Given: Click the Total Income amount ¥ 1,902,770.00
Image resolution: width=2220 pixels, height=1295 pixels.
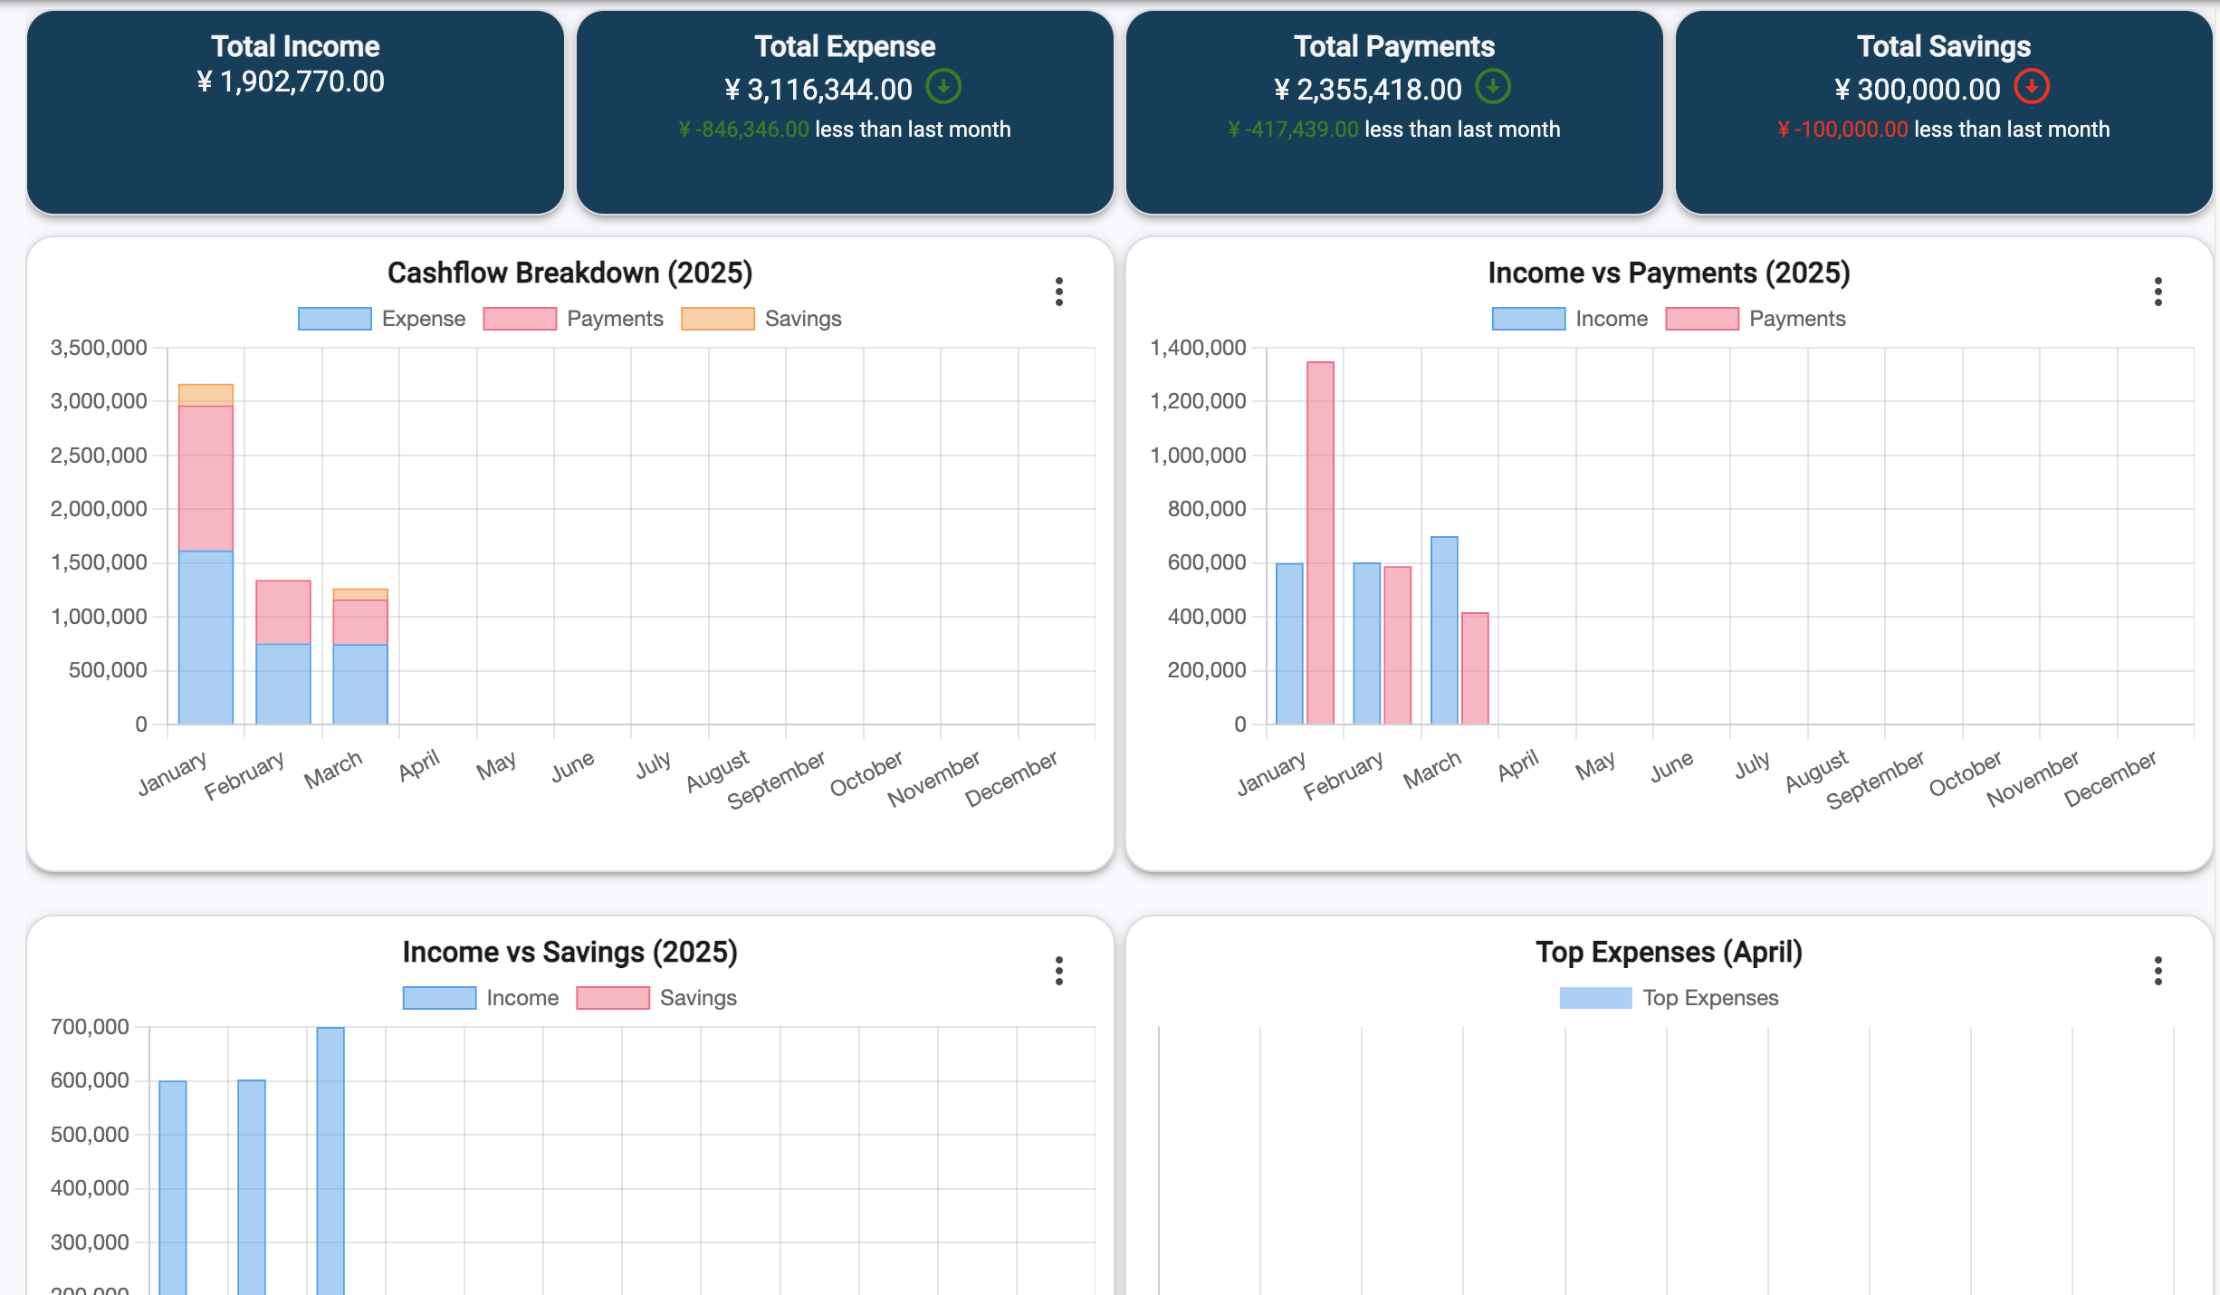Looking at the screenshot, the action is (x=291, y=82).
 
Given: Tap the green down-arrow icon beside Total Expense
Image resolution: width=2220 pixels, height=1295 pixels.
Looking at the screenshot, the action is (x=943, y=87).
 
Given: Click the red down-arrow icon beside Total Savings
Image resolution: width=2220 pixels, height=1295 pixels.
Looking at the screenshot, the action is (x=2032, y=87).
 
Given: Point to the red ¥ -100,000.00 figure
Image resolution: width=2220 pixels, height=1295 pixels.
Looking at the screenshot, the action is (x=1842, y=129).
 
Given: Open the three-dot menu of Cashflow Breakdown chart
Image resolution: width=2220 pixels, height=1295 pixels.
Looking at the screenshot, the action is (x=1058, y=292).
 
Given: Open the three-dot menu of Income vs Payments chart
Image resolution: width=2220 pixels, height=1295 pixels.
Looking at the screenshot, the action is (x=2158, y=292).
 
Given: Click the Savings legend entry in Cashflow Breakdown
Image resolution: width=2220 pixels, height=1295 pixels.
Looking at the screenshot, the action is (x=761, y=319).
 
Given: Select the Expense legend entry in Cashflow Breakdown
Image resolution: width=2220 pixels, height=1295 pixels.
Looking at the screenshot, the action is (x=381, y=319).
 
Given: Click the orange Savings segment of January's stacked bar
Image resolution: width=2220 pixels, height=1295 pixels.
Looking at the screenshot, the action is (x=206, y=395).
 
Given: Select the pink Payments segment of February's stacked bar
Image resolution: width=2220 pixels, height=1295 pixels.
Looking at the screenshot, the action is (x=283, y=612).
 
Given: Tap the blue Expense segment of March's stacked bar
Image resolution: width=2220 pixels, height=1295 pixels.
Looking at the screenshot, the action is (x=360, y=684).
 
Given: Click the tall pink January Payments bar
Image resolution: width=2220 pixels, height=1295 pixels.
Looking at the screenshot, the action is (x=1320, y=542).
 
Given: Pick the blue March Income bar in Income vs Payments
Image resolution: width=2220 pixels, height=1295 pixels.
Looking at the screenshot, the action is (x=1444, y=630).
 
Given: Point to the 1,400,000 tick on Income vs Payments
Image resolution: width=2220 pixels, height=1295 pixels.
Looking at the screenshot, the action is (x=1198, y=348).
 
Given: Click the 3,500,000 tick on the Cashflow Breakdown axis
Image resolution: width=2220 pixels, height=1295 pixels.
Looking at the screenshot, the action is (x=99, y=348).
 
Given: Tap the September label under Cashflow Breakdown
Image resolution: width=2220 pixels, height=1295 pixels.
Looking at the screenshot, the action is (x=776, y=779).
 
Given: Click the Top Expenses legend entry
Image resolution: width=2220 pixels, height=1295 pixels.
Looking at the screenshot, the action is (x=1669, y=998).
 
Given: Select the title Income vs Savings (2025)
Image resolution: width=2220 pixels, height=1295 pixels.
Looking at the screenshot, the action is (x=570, y=952).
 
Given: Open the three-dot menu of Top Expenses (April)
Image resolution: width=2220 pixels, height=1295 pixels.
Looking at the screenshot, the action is (x=2158, y=971).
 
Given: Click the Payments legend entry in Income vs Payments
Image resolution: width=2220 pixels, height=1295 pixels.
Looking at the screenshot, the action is (x=1756, y=319).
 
